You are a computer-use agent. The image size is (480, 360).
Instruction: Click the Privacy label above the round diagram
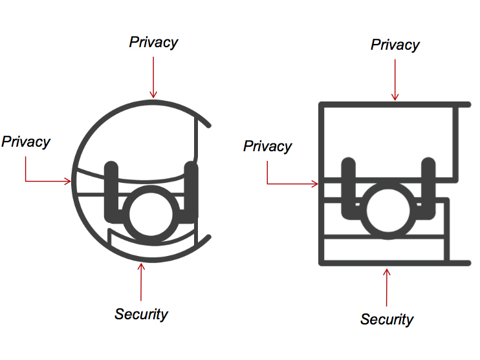coord(153,43)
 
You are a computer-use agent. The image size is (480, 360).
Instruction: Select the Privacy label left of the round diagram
coord(26,142)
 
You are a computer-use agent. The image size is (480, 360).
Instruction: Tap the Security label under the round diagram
coord(141,315)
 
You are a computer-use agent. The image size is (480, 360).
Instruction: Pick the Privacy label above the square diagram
coord(395,45)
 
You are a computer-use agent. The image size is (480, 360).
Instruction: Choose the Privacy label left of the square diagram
coord(267,147)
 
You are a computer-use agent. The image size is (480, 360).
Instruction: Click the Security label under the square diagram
coord(387,319)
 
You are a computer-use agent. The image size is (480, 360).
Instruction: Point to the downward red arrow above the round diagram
coord(153,78)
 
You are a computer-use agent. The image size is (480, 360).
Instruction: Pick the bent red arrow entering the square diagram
coord(285,184)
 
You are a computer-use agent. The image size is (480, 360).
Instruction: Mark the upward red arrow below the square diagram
coord(387,288)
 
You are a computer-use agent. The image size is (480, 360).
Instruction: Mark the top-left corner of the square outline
coord(322,105)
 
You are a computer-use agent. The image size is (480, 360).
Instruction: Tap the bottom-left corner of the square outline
coord(322,262)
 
